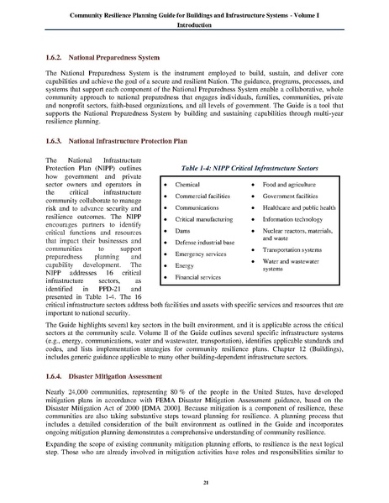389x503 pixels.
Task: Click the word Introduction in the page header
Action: coord(194,25)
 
